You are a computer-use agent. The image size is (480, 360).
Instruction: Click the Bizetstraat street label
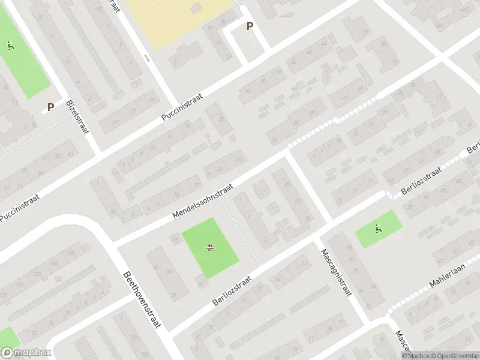pos(79,117)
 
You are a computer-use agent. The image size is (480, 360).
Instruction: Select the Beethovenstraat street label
pos(143,299)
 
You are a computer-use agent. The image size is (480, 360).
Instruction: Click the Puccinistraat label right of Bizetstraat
pos(183,107)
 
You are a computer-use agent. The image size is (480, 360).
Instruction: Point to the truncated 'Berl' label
pos(473,148)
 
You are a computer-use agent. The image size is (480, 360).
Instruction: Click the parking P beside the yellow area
pos(250,26)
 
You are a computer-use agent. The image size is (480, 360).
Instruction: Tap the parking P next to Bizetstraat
pos(51,107)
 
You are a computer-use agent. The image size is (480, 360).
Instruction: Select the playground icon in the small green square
pos(378,228)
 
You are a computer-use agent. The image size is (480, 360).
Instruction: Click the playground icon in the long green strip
pos(11,45)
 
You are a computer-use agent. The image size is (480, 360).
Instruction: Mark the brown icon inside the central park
pos(211,247)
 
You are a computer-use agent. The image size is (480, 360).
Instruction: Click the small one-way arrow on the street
pos(148,58)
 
